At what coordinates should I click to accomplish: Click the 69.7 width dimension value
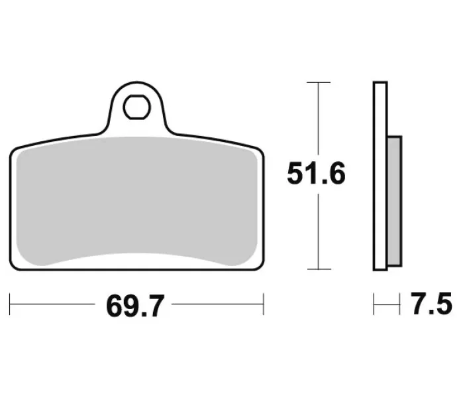pos(134,306)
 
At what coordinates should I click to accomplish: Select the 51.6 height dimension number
pos(316,173)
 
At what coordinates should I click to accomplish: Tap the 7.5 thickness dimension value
pos(431,304)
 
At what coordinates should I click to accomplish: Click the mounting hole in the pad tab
pos(136,107)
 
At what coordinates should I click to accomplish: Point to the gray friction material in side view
pos(395,202)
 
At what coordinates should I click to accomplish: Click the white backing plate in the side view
pos(380,176)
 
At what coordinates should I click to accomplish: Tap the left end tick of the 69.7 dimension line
pos(10,304)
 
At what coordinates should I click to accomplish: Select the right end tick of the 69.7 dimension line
pos(264,304)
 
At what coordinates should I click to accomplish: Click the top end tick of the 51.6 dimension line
pos(319,82)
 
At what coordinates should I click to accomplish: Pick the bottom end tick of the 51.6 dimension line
pos(319,269)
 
